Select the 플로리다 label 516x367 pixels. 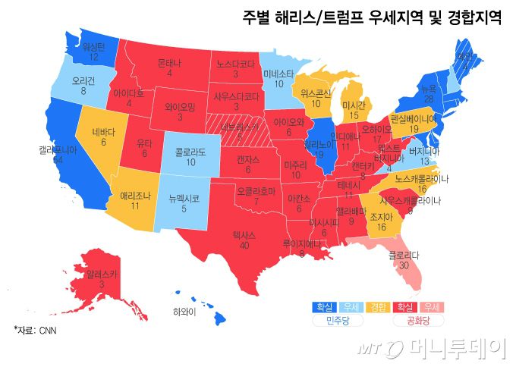[404, 256]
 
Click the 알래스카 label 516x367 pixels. [101, 273]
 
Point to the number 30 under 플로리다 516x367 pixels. [403, 266]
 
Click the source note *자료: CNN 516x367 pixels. [35, 331]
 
